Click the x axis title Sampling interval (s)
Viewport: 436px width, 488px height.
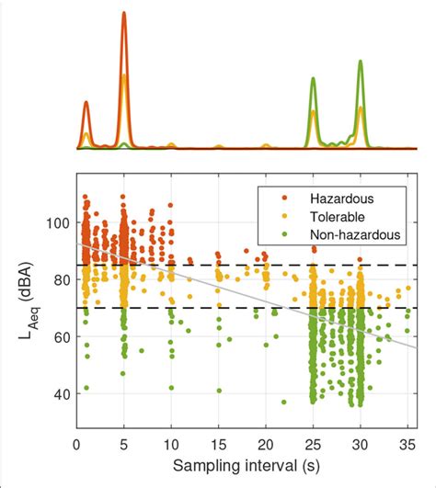point(244,469)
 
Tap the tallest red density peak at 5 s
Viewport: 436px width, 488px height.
point(123,14)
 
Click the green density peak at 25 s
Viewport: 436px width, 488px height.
point(313,79)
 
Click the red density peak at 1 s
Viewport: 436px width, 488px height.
point(86,103)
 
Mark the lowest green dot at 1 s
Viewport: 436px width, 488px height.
point(86,388)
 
